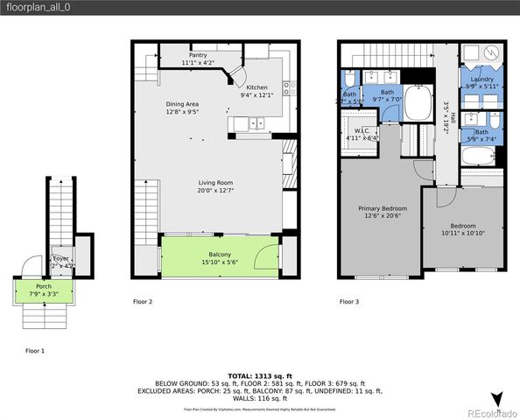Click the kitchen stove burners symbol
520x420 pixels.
(290, 87)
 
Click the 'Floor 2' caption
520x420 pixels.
(143, 302)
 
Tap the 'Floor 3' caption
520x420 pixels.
(350, 302)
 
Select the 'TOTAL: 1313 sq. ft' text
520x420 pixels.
(260, 374)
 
